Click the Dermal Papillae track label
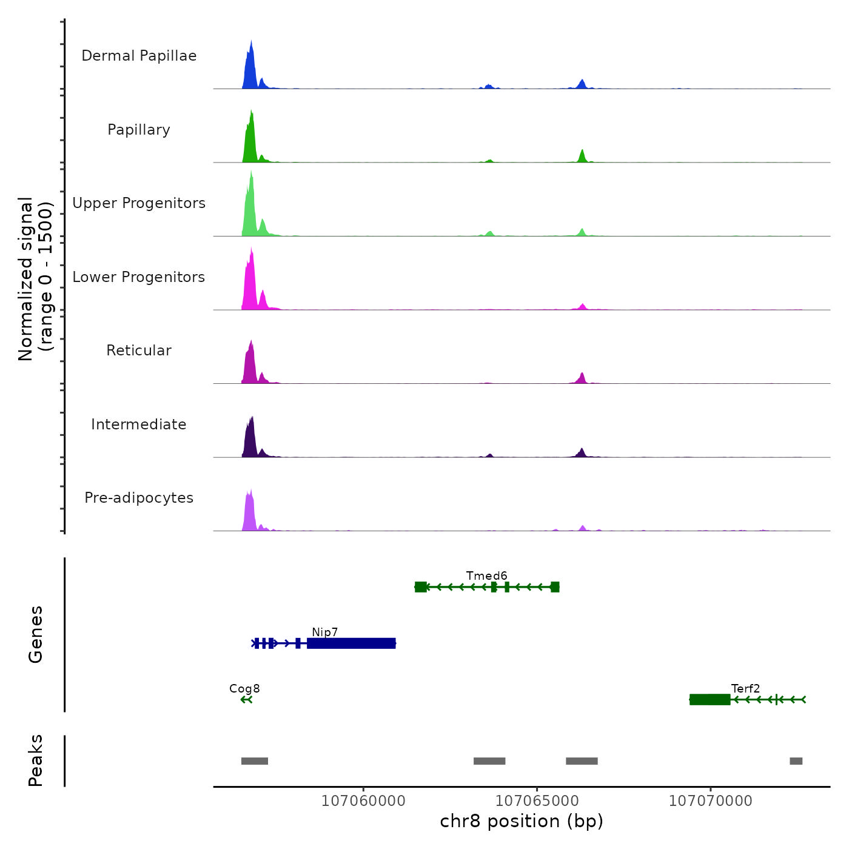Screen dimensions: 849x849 click(139, 56)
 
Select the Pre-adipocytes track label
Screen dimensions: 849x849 click(139, 498)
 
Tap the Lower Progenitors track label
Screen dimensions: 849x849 click(139, 277)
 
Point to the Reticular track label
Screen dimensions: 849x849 click(139, 351)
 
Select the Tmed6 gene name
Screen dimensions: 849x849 click(486, 576)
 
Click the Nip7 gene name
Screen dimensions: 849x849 click(324, 632)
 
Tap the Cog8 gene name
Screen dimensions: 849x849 click(244, 688)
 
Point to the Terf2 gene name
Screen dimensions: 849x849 click(745, 688)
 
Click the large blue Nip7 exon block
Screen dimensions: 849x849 click(351, 643)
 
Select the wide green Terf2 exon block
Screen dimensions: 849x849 click(710, 700)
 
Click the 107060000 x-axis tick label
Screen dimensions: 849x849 click(363, 800)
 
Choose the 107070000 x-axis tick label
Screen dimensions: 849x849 click(710, 800)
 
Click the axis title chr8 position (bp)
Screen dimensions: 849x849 click(522, 821)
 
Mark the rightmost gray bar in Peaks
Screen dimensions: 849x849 click(796, 761)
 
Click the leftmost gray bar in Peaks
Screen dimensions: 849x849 click(255, 761)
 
